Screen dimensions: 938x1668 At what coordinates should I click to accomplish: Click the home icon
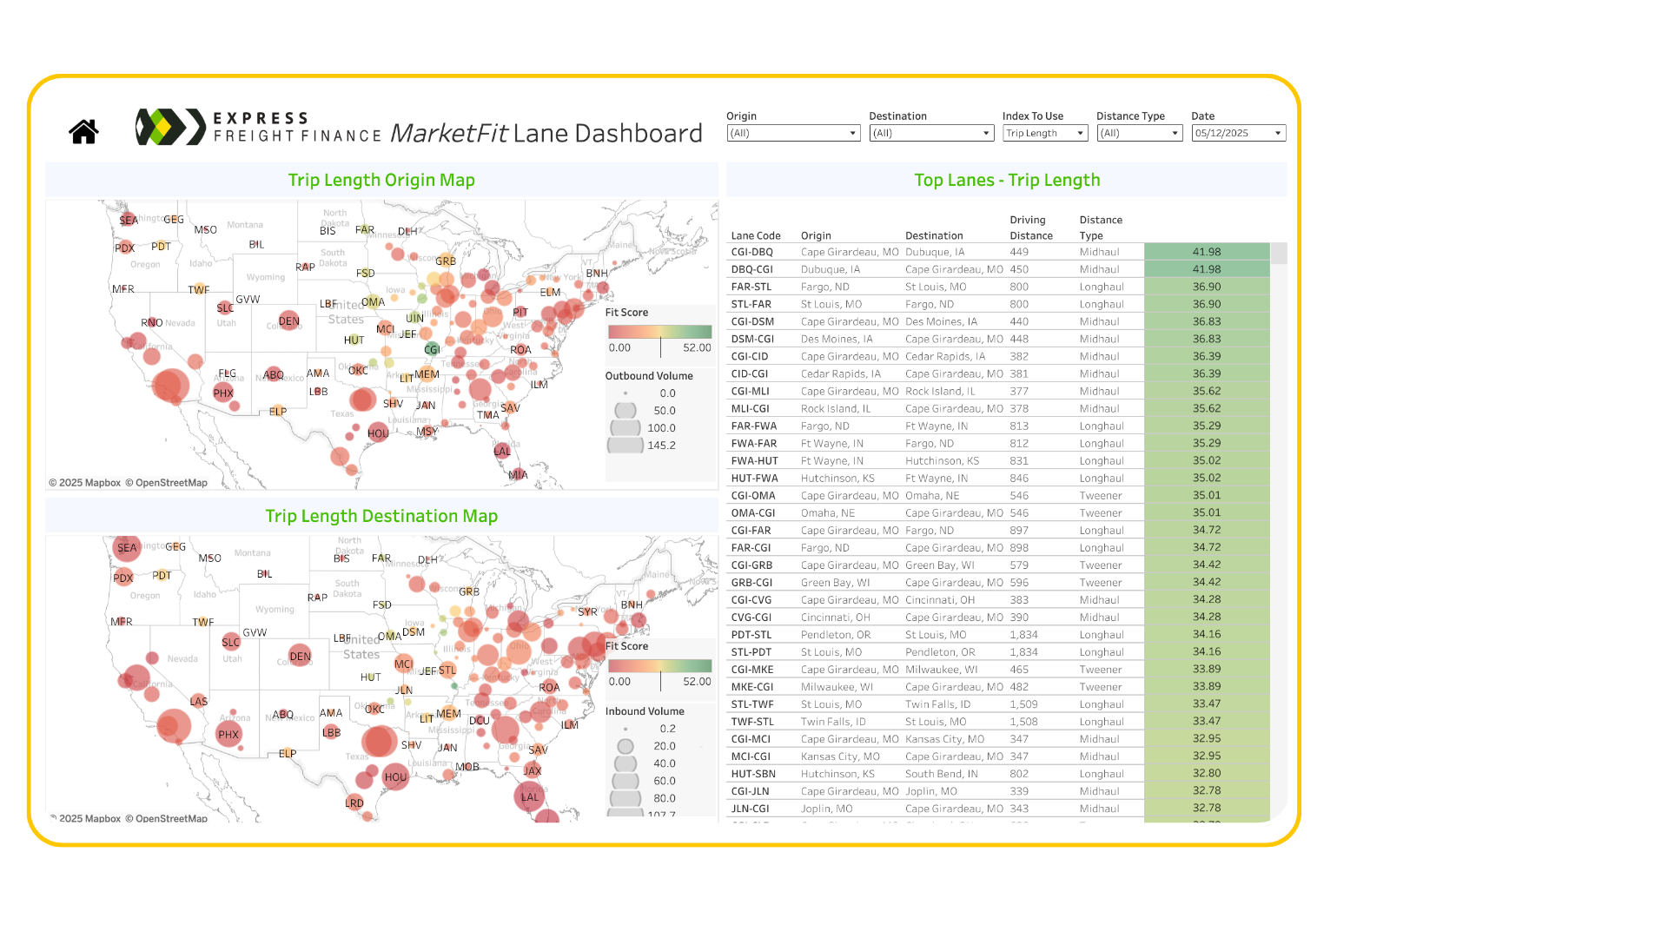click(83, 131)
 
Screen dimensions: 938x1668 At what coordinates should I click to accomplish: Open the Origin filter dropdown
click(792, 133)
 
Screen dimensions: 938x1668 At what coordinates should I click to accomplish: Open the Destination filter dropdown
click(930, 133)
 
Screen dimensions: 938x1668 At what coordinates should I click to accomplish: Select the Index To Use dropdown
click(1044, 133)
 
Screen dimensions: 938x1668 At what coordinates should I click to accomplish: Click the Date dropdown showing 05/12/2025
click(1238, 133)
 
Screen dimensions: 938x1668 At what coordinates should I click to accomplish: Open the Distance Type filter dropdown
click(1138, 133)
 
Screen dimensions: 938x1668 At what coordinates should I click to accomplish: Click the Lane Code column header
click(756, 235)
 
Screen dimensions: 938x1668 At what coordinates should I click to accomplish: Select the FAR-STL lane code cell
click(751, 287)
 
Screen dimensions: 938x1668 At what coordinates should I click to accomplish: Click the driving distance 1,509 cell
click(1023, 704)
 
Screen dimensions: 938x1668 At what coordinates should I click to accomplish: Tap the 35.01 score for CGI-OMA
click(1207, 495)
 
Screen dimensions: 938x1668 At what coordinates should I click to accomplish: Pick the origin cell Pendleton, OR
click(836, 635)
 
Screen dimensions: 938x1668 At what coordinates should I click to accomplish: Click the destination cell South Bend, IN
click(942, 774)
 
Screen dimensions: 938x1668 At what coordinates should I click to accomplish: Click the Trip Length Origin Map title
click(381, 180)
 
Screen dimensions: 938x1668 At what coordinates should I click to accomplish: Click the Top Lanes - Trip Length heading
click(1007, 180)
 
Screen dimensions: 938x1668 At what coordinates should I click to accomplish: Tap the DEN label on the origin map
click(289, 321)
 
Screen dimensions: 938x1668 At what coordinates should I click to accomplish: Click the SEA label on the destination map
click(127, 548)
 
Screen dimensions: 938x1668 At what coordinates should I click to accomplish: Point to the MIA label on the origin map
click(518, 475)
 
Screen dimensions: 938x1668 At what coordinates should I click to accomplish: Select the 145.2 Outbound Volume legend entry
click(661, 446)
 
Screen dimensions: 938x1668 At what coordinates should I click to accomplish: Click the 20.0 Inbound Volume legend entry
click(664, 746)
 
